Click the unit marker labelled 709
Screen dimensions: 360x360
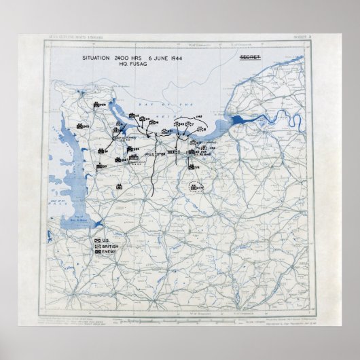pos(97,105)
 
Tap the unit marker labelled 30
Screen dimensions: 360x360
pos(99,165)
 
